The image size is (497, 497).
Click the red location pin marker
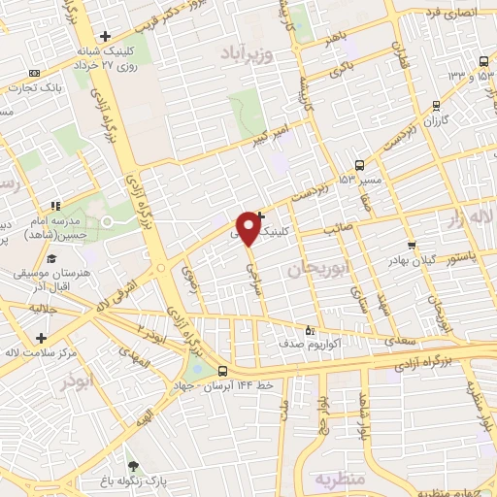click(249, 227)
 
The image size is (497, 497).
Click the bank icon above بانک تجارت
click(36, 74)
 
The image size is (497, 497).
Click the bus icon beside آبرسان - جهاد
click(223, 370)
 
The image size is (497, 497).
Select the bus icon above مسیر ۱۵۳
click(360, 164)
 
